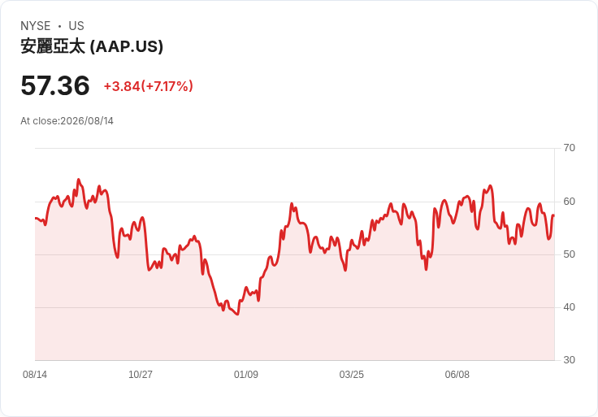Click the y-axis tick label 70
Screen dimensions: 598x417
pos(569,148)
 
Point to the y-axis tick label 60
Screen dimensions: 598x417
pos(569,202)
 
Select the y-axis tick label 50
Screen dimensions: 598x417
pos(569,254)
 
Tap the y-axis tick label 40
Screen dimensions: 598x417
pos(569,307)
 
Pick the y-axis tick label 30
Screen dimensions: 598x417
pos(569,360)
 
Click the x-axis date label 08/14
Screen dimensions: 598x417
pos(35,375)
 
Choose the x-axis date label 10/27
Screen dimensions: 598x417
pos(141,375)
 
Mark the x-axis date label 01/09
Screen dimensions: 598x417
pos(246,375)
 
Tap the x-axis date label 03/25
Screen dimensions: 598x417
pos(351,375)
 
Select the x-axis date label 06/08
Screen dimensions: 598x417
pos(457,375)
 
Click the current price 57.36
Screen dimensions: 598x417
pos(55,85)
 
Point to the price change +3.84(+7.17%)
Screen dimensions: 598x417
pos(149,86)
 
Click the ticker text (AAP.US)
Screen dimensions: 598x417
pos(127,46)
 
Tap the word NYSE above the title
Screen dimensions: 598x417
pos(36,26)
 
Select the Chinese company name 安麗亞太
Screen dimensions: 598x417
pos(53,46)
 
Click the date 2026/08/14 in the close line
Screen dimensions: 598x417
pos(87,121)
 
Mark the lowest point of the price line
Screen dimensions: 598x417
pos(237,315)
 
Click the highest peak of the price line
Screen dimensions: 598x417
pos(79,179)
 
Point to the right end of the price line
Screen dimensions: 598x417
pos(554,216)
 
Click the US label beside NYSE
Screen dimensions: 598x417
pos(76,26)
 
